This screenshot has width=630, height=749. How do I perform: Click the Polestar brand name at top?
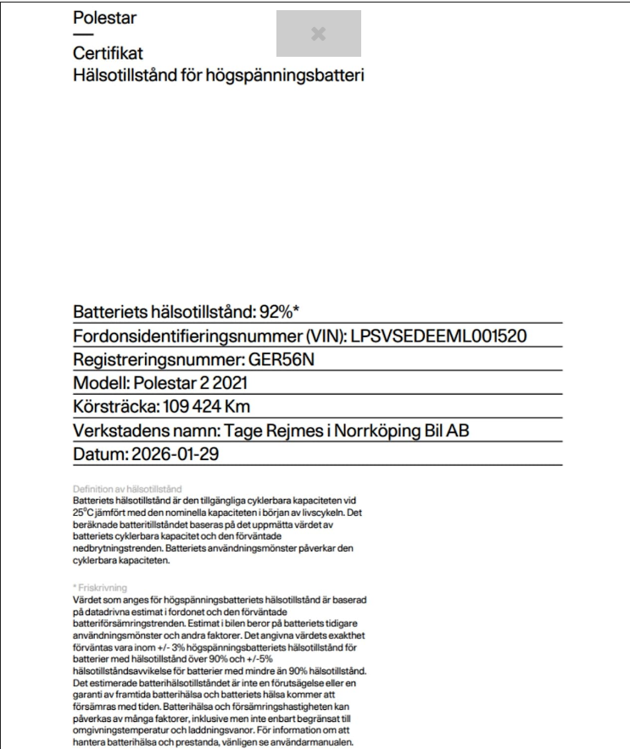[x=105, y=18]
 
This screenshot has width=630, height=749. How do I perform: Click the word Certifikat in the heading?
[x=108, y=54]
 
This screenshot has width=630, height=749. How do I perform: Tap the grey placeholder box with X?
[x=318, y=33]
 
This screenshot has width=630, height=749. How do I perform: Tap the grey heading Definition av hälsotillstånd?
[x=127, y=490]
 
